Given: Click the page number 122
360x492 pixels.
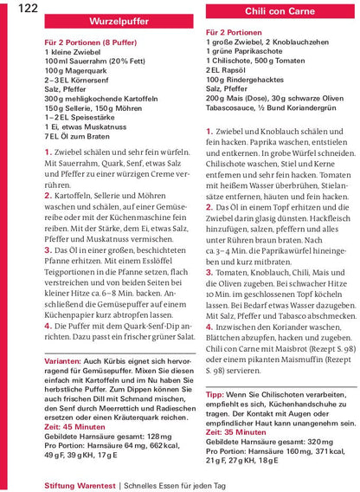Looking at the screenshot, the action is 27,9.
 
